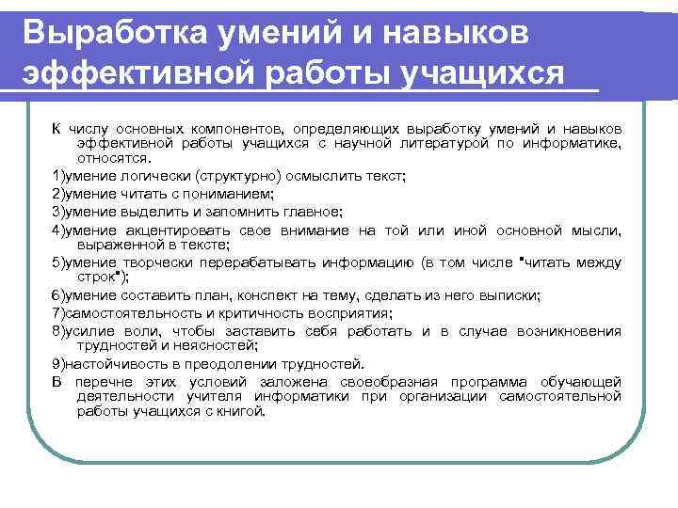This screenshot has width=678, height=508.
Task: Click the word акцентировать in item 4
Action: pyautogui.click(x=169, y=230)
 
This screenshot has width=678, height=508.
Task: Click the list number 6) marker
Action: pyautogui.click(x=57, y=295)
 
